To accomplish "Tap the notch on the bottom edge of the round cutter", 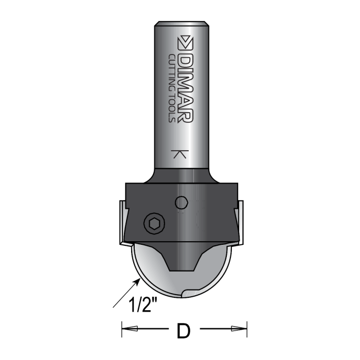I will point(186,295).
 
